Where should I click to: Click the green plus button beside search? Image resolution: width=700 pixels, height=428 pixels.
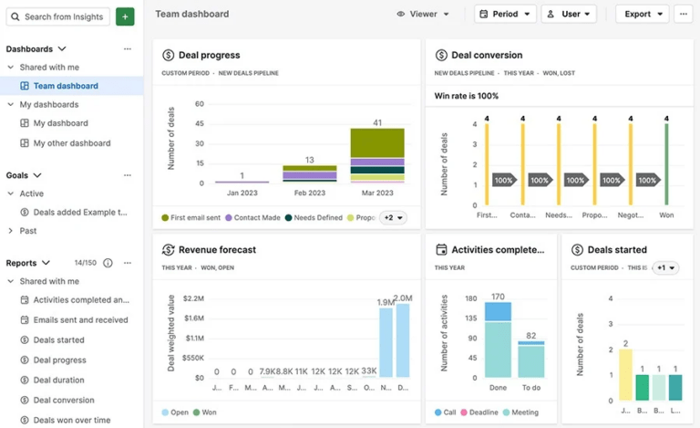pyautogui.click(x=125, y=16)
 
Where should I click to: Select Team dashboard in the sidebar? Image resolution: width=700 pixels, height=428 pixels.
pyautogui.click(x=66, y=86)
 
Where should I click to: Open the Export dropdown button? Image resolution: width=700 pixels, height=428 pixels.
pyautogui.click(x=642, y=15)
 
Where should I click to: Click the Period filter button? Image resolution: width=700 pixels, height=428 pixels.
pyautogui.click(x=505, y=15)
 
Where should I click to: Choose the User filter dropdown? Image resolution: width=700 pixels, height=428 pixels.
pyautogui.click(x=569, y=15)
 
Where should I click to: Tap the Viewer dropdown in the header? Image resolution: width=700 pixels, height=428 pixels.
pyautogui.click(x=423, y=15)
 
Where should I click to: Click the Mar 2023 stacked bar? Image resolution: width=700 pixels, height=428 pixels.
pyautogui.click(x=377, y=155)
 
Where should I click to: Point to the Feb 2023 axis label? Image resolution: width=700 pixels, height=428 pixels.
pyautogui.click(x=310, y=193)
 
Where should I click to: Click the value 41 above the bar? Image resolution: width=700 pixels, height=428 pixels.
pyautogui.click(x=377, y=122)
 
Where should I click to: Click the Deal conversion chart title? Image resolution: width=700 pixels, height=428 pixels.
pyautogui.click(x=487, y=55)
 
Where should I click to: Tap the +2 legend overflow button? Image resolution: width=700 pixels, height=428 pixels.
pyautogui.click(x=393, y=218)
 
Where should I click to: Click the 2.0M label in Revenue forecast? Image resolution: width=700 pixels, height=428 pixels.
pyautogui.click(x=403, y=298)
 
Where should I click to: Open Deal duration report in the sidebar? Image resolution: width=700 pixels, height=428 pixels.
pyautogui.click(x=59, y=380)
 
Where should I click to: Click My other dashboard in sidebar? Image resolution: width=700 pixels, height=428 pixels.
pyautogui.click(x=72, y=143)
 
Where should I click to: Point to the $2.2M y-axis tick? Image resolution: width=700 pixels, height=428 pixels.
pyautogui.click(x=192, y=298)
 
